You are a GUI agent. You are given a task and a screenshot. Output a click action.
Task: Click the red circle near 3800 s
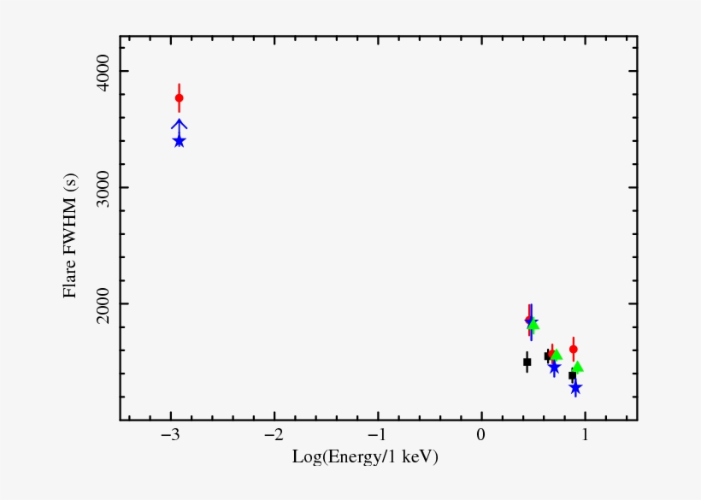(x=179, y=98)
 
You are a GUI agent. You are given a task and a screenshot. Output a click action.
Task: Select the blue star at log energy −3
(x=179, y=141)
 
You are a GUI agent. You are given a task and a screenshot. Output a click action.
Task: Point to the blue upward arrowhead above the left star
(x=179, y=125)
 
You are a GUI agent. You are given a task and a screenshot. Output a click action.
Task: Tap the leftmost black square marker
(x=527, y=362)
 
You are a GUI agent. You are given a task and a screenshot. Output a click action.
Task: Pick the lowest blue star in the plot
(x=575, y=388)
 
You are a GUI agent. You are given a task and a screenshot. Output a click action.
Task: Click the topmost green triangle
(x=533, y=325)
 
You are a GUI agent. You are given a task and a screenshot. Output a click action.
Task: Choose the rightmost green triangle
(x=578, y=368)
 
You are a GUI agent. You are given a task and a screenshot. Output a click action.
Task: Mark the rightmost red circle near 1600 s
(x=574, y=349)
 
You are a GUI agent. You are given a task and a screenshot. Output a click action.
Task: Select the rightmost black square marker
(x=572, y=376)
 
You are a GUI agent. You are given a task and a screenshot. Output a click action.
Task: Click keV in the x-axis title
(x=419, y=458)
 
